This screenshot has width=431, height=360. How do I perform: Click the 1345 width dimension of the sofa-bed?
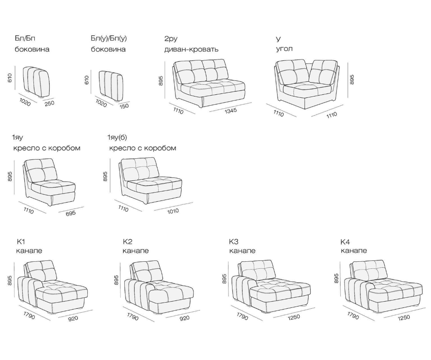(x=231, y=111)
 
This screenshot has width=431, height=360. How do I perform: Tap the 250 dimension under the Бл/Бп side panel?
(x=50, y=103)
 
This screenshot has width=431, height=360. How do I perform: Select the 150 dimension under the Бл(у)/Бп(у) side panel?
(x=124, y=106)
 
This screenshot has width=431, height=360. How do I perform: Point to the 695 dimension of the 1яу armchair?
(x=71, y=213)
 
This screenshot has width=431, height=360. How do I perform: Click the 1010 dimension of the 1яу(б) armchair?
(x=172, y=211)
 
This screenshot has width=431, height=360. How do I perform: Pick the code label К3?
(x=234, y=242)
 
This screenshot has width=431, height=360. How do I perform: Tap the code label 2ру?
(x=171, y=39)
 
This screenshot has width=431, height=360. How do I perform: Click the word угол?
(x=284, y=49)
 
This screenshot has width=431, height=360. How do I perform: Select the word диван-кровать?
(x=191, y=50)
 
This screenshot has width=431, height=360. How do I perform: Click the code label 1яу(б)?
(x=117, y=137)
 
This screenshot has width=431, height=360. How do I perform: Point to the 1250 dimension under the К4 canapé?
(x=404, y=317)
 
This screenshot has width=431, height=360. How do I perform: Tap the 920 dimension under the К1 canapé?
(x=73, y=318)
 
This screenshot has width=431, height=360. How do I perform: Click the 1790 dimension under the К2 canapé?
(x=133, y=317)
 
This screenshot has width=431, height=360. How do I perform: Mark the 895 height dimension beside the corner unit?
(x=352, y=80)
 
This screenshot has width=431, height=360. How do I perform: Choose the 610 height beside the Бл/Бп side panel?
(x=10, y=78)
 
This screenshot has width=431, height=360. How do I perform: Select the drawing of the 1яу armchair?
(x=49, y=182)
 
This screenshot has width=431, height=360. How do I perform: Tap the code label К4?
(x=345, y=242)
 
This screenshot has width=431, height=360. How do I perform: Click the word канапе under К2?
(x=136, y=251)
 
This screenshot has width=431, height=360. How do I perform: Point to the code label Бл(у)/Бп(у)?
(x=109, y=39)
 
